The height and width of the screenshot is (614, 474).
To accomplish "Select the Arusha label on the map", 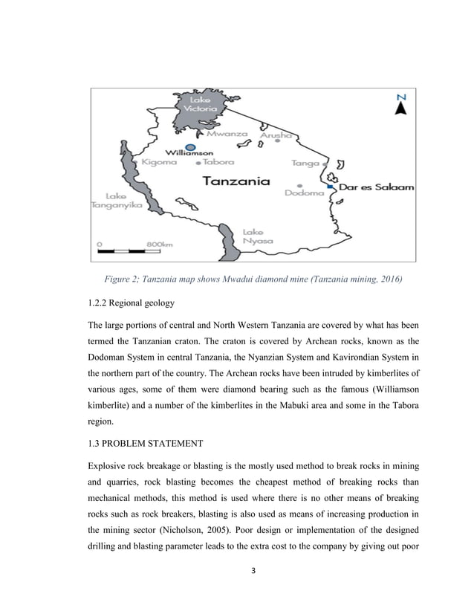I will pyautogui.click(x=275, y=136).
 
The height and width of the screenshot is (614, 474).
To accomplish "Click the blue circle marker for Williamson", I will pyautogui.click(x=191, y=147).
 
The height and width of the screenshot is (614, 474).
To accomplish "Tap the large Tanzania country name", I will pyautogui.click(x=236, y=181).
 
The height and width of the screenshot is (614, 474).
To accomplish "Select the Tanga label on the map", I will pyautogui.click(x=306, y=162).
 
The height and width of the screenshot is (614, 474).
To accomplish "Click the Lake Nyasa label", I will pyautogui.click(x=258, y=236).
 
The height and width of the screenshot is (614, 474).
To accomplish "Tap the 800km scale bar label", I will pyautogui.click(x=159, y=244).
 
